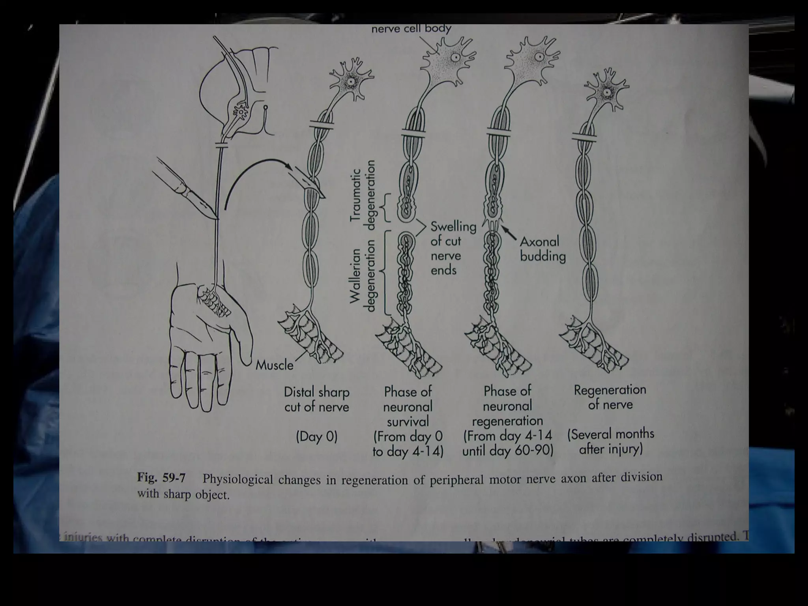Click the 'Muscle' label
point(274,365)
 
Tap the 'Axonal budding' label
point(542,249)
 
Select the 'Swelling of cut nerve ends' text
point(453,248)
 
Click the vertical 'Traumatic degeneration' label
point(363,195)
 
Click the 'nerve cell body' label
point(411,29)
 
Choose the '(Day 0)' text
point(316,437)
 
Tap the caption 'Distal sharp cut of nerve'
point(316,399)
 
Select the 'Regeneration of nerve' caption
point(610,397)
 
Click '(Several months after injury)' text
point(610,441)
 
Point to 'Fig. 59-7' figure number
point(161,478)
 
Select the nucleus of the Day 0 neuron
point(350,82)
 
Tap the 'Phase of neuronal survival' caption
point(408,406)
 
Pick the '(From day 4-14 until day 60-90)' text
point(507,443)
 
